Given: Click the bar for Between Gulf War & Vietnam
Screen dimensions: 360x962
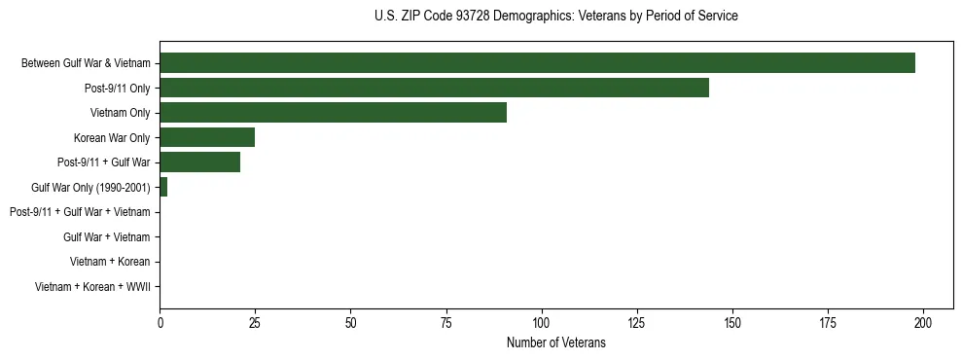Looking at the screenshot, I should point(537,63).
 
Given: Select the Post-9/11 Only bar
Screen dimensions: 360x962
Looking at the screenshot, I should point(434,88).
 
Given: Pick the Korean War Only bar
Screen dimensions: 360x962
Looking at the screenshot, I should point(207,137).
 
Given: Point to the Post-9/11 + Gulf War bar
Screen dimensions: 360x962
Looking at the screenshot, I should point(199,162).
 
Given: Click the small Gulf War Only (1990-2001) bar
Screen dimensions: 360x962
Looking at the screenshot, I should point(163,187).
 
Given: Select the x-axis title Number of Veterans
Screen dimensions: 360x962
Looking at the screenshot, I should point(555,342).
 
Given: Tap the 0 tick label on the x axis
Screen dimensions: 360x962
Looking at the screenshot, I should point(160,323).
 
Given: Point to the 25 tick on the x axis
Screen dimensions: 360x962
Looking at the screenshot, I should point(255,323).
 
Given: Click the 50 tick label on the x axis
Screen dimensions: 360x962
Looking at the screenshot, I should point(350,323).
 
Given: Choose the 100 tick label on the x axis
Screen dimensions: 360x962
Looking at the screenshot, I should point(542,323).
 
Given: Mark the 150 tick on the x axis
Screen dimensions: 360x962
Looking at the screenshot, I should point(732,323).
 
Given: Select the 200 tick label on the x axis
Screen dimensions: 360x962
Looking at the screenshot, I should point(923,323).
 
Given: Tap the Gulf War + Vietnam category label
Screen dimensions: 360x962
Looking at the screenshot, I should point(106,236).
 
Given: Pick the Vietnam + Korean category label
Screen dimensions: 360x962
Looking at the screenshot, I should point(110,262).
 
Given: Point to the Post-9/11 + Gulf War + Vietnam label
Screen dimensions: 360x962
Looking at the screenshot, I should point(80,212).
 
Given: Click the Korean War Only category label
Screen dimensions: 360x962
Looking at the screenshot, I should point(112,137).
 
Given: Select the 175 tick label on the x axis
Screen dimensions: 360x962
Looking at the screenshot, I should point(828,323).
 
